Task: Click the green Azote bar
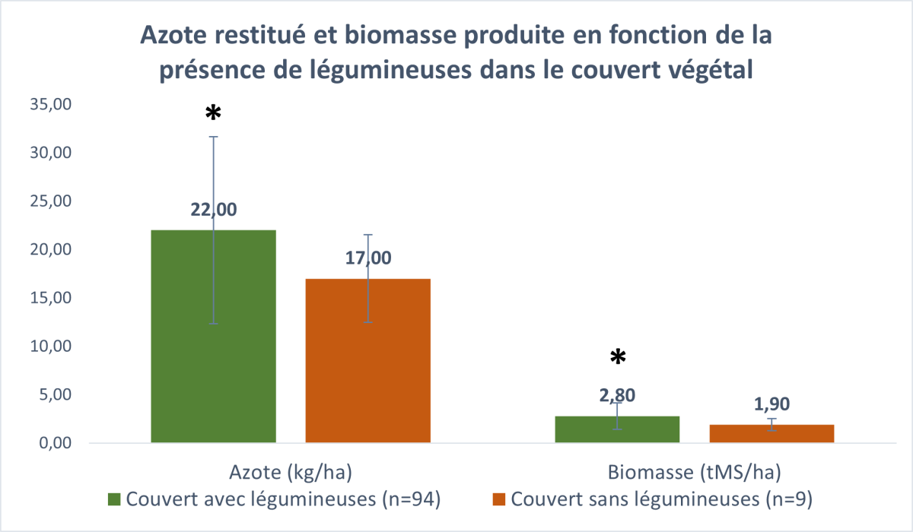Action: click(214, 336)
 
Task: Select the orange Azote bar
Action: click(368, 361)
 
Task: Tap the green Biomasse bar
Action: click(617, 429)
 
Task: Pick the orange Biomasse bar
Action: click(771, 433)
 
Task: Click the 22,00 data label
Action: click(214, 210)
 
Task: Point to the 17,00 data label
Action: click(368, 258)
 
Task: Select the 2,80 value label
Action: click(617, 395)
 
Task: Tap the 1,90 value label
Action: click(771, 404)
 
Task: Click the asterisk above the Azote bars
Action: click(213, 112)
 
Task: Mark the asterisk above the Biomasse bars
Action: click(618, 357)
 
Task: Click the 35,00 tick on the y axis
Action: click(50, 104)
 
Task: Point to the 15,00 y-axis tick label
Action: click(50, 298)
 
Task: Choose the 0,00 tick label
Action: click(55, 443)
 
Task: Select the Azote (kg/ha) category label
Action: click(291, 472)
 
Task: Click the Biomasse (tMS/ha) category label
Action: click(695, 472)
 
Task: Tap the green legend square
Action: click(114, 499)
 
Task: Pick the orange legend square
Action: click(499, 499)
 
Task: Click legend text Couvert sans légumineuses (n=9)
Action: click(661, 499)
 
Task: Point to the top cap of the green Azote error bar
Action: click(214, 137)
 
